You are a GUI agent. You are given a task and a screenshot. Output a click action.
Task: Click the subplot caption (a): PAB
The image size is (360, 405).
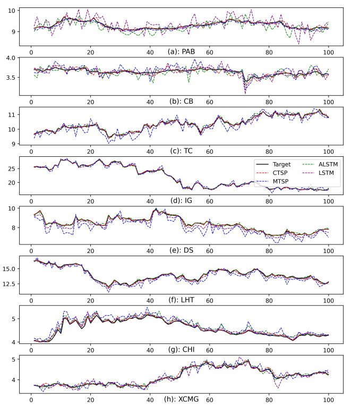tap(180, 52)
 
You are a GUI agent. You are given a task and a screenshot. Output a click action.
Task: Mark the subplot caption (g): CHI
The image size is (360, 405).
tap(180, 349)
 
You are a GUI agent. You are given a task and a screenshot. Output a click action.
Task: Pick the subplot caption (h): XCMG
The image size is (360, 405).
tap(180, 399)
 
